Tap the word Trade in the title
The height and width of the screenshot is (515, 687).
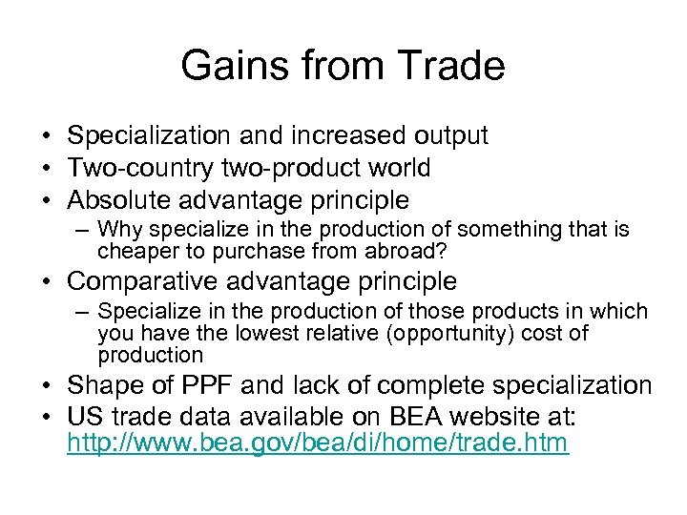click(x=448, y=66)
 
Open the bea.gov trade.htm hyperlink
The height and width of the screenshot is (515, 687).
click(x=317, y=443)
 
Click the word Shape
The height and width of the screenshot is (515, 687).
click(x=101, y=385)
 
